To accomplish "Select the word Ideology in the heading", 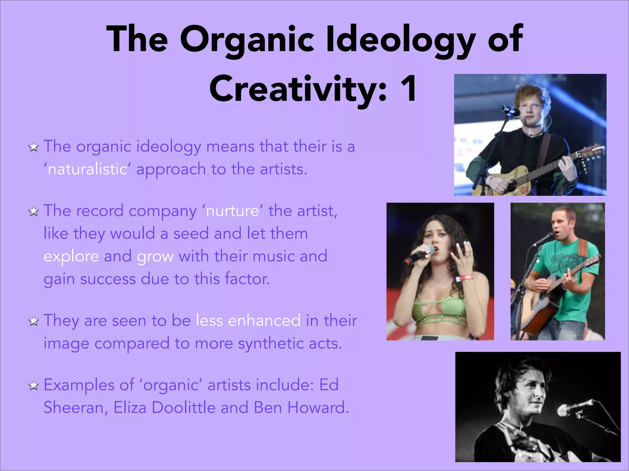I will point(400,40).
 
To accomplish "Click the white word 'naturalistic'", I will point(87,169).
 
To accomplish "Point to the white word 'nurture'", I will point(232,211).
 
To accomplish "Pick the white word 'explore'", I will point(71,256).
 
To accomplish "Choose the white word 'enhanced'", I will point(264,321).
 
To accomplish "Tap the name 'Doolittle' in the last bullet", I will point(184,408).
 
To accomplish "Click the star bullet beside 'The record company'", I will point(33,212).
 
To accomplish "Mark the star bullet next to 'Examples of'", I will point(33,386).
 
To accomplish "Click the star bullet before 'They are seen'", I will point(33,321).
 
